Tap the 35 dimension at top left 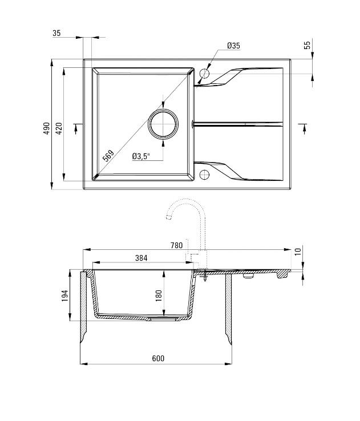(x=56, y=33)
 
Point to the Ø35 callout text (x=233, y=46)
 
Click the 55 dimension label (x=307, y=46)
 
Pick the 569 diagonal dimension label (x=108, y=155)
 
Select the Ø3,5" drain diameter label (x=140, y=156)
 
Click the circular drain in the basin (x=163, y=124)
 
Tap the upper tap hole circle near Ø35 (x=205, y=74)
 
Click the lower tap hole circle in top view (x=205, y=173)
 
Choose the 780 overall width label (x=176, y=245)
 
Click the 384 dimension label (x=141, y=258)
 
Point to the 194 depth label (x=65, y=295)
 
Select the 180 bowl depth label (x=159, y=295)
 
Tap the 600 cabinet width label (x=158, y=358)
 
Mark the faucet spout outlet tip (x=168, y=218)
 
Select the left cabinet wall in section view (x=83, y=308)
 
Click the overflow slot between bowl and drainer (x=194, y=123)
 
